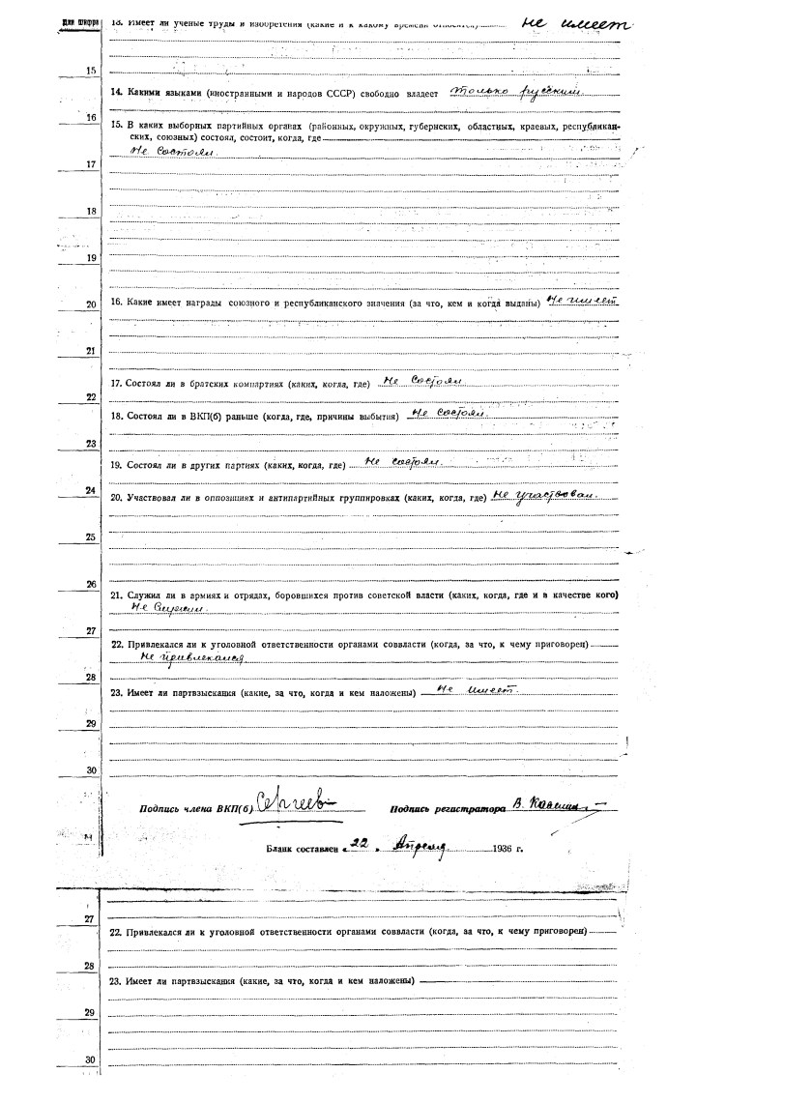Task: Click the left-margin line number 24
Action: tap(90, 491)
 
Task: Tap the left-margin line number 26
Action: tap(90, 585)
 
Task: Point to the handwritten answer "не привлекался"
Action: tap(192, 656)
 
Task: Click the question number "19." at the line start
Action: tap(117, 465)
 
